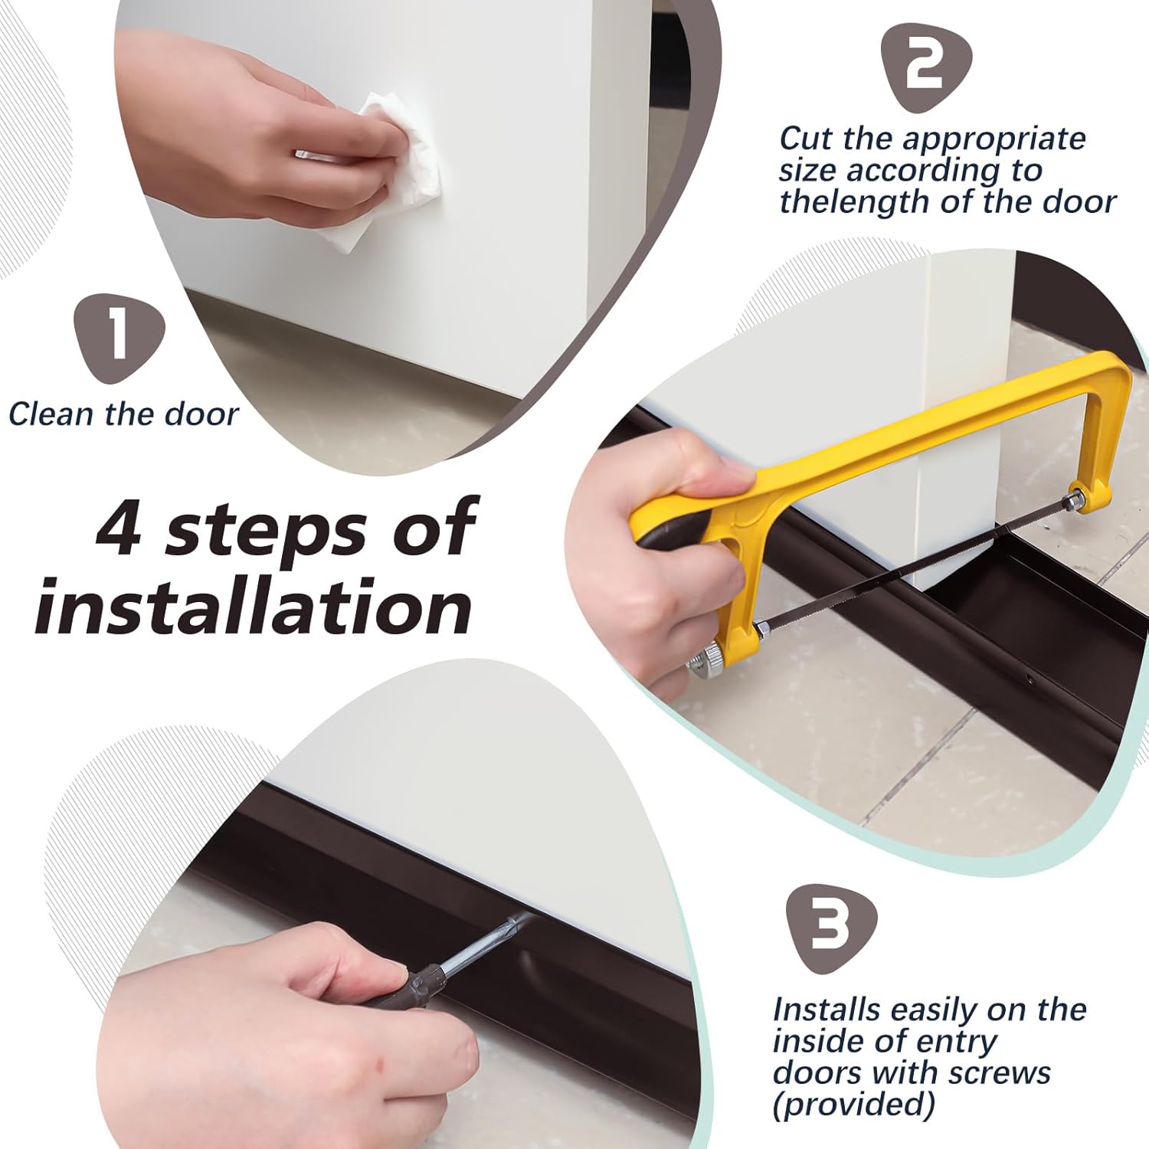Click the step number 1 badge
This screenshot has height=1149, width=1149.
point(119,337)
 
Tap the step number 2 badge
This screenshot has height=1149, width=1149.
point(925,67)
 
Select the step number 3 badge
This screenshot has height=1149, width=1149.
point(831,928)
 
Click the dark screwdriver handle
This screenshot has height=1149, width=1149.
point(406,988)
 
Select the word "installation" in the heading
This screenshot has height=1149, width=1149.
point(253,607)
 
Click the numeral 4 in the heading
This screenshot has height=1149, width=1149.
point(119,529)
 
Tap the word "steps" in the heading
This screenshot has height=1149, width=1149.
point(267,531)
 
